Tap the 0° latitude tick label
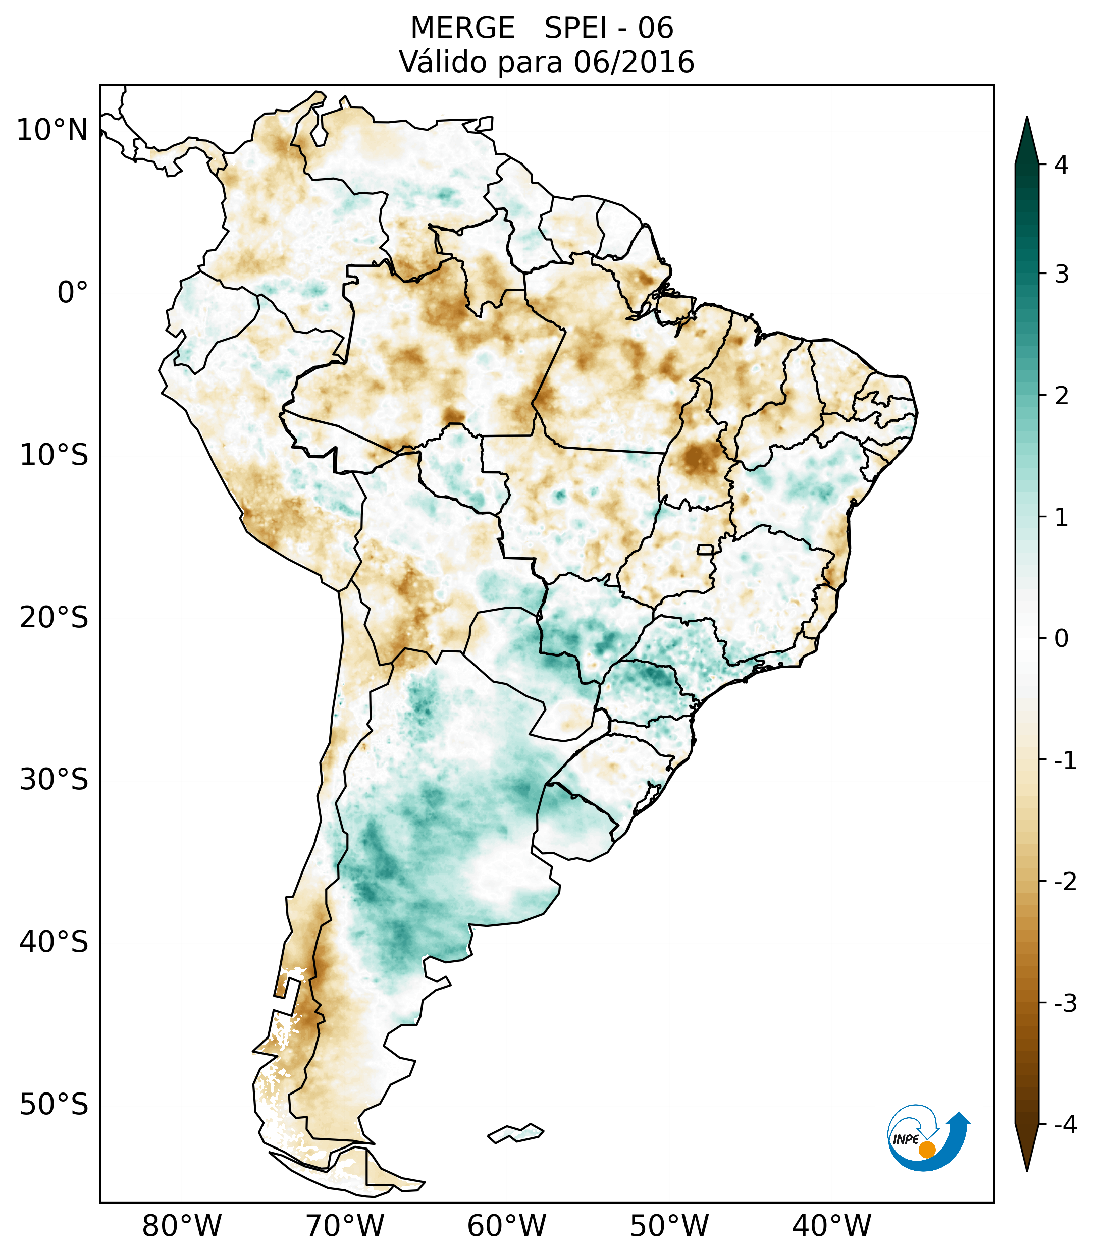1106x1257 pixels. (73, 293)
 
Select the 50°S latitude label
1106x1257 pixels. (54, 1105)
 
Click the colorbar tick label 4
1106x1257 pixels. (1061, 165)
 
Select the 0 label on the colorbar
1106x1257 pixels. (1061, 639)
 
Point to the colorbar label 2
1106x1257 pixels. (1061, 396)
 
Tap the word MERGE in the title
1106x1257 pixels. (462, 28)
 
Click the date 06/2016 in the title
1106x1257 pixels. (634, 62)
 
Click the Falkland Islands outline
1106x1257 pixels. (515, 1133)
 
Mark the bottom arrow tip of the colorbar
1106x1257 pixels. (1026, 1169)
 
